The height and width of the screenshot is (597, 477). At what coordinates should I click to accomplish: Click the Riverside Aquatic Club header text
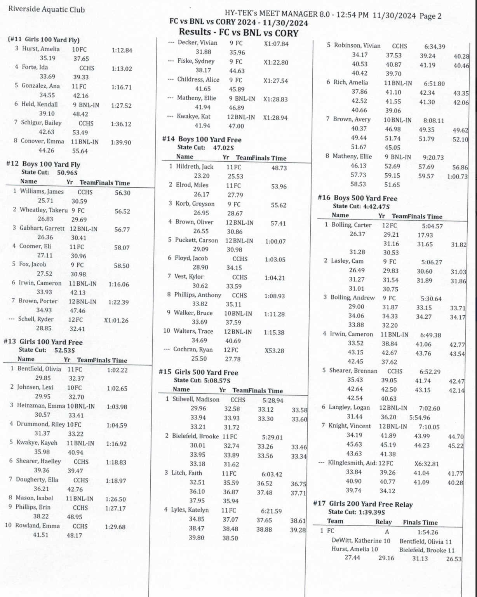(x=46, y=9)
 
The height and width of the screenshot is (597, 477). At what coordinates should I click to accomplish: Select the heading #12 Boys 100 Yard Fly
(x=43, y=164)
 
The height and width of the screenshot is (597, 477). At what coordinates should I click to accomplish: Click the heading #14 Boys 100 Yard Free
(x=202, y=140)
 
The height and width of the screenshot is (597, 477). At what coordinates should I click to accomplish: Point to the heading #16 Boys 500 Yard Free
(x=357, y=198)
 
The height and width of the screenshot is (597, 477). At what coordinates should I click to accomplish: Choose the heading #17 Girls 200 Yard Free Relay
(x=363, y=504)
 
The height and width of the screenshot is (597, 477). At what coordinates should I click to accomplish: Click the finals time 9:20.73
(x=433, y=157)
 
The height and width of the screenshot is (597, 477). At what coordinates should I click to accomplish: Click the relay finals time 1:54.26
(x=427, y=532)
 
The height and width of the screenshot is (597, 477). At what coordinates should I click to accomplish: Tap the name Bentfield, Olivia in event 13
(x=39, y=369)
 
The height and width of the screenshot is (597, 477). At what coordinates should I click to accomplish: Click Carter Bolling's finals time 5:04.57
(x=432, y=226)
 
